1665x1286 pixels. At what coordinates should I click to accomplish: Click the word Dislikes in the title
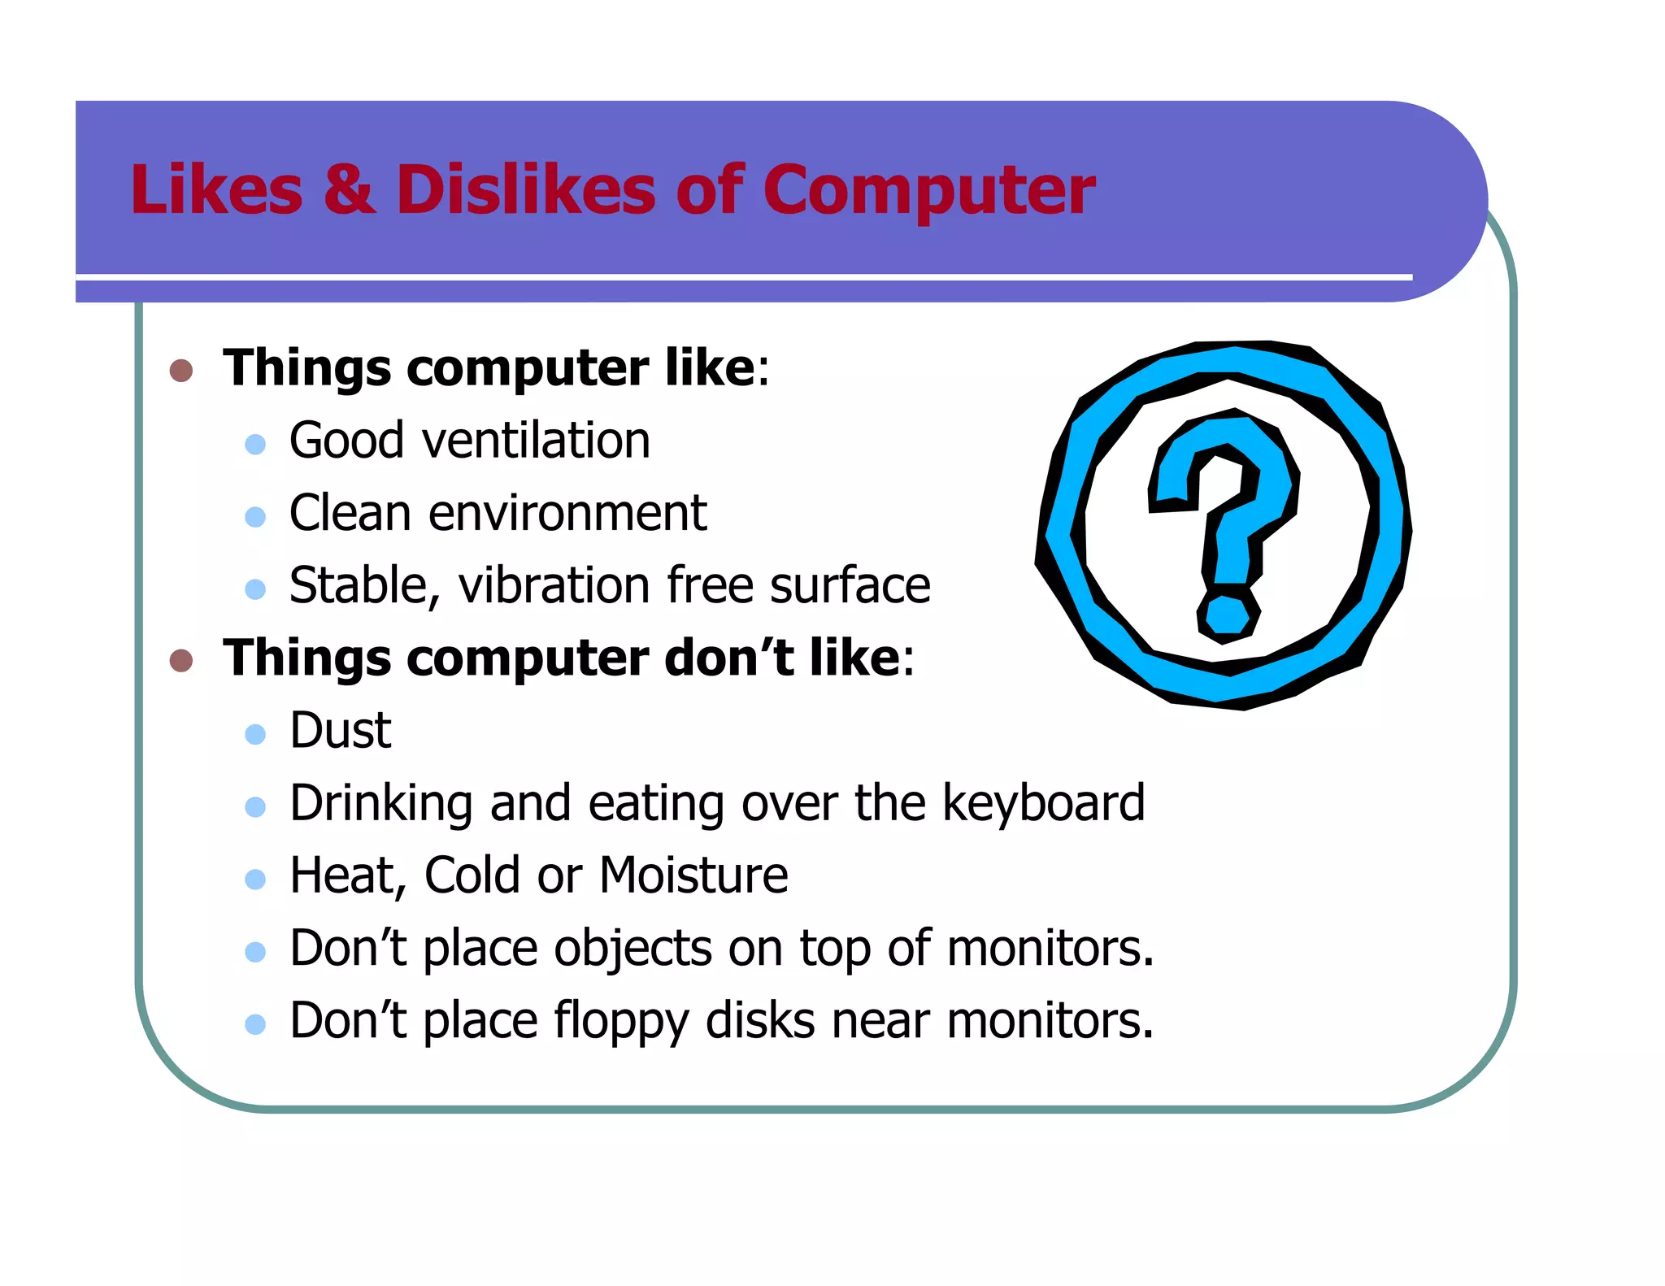(524, 190)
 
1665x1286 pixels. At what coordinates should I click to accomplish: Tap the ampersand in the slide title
(349, 190)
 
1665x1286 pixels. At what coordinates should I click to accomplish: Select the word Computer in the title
(928, 190)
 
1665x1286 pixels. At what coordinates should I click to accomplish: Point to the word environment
(567, 514)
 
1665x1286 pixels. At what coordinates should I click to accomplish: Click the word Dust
(341, 730)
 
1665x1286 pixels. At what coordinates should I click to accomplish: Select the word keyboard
(1043, 803)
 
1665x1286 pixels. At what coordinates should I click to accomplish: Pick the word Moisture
(693, 875)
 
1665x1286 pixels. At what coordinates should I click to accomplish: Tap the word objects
(633, 949)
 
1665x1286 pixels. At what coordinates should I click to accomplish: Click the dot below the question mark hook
(1228, 616)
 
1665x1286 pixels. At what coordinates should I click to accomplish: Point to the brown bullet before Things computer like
(180, 371)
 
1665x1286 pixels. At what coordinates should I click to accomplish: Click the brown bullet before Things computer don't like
(180, 660)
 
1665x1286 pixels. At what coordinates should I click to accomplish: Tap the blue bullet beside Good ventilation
(255, 444)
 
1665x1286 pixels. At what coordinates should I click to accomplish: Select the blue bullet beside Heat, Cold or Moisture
(255, 879)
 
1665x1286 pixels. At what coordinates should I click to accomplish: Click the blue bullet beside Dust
(255, 734)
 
